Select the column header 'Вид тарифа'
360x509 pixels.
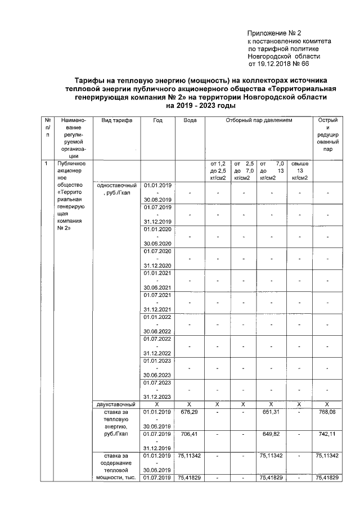point(116,121)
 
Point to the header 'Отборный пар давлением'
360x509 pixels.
point(259,121)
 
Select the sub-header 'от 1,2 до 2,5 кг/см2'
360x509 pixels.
point(217,170)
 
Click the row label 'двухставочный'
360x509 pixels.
point(116,404)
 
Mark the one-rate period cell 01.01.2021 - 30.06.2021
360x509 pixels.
point(158,280)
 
